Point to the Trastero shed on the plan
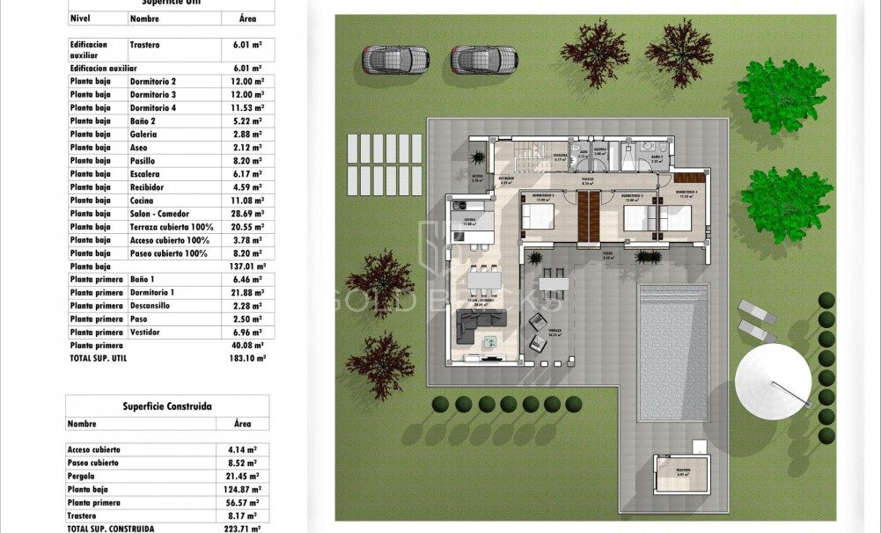682,479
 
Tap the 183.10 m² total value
246,359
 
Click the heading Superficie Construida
167,406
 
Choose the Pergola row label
83,476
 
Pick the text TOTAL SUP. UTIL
101,359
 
